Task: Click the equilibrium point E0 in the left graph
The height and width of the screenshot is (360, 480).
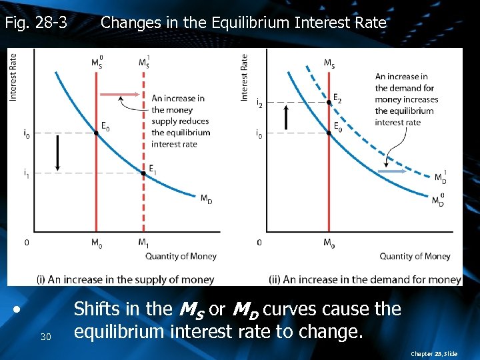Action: tap(97, 133)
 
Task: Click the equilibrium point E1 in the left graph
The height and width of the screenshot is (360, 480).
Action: tap(143, 173)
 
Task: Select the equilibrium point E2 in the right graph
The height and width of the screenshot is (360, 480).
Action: tap(329, 103)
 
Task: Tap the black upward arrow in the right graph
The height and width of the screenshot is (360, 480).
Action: tap(287, 117)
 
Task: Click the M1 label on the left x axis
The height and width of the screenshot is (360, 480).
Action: tap(143, 242)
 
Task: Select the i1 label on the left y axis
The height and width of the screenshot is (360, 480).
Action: tap(26, 173)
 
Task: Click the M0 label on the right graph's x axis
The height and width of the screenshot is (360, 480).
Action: tap(329, 242)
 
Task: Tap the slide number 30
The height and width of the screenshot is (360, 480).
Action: tap(45, 336)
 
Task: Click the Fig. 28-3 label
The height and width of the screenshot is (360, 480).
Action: tap(36, 23)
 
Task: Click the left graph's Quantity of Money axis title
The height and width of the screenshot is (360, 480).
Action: tap(181, 256)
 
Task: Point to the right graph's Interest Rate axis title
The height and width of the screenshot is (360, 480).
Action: tap(245, 77)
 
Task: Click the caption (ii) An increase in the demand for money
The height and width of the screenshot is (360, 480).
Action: tap(365, 279)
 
